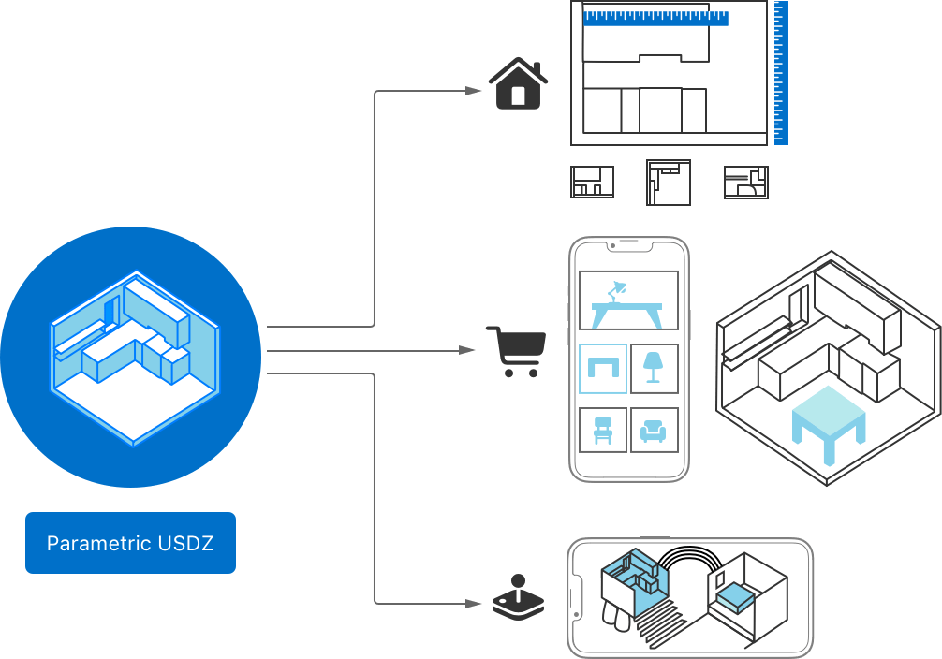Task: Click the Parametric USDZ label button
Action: pos(130,543)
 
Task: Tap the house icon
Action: pos(518,84)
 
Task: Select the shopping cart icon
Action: pos(515,352)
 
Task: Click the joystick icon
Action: pos(518,598)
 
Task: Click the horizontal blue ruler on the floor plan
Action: pos(655,16)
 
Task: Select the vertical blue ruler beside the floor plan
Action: pos(781,73)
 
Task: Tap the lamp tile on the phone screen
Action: pos(655,368)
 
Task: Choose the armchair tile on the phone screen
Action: pos(655,431)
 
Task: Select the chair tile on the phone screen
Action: pos(603,431)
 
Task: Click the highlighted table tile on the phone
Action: pos(603,368)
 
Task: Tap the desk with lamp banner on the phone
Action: pos(628,300)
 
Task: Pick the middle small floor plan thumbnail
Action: pos(669,183)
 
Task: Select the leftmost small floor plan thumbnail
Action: pos(593,183)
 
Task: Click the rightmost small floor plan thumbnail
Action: pos(746,183)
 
